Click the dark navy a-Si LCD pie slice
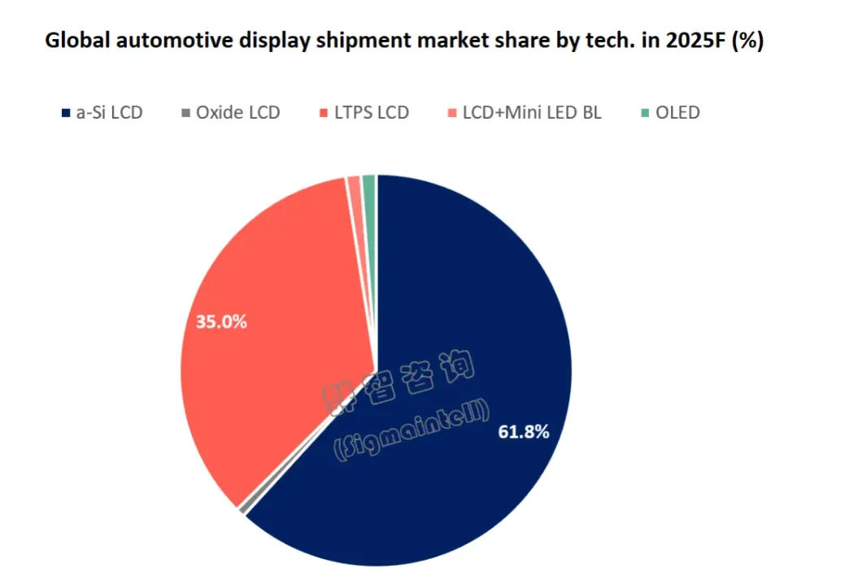coord(472,325)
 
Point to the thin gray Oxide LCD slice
coord(243,509)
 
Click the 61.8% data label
coord(523,432)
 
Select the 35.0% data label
coord(221,321)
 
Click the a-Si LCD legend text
coord(109,113)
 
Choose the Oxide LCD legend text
coord(237,113)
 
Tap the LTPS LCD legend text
coord(371,113)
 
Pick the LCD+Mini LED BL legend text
coord(532,113)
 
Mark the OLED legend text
coord(677,113)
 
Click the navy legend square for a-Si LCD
coord(65,113)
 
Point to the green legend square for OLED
coord(645,113)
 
